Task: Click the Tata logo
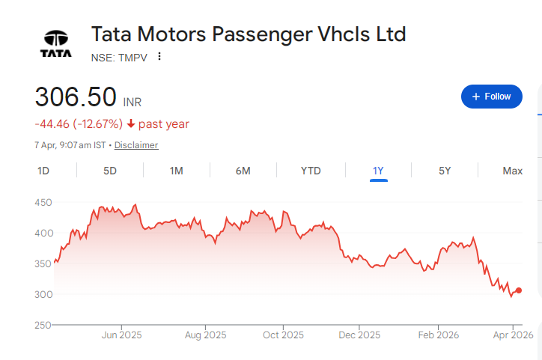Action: (x=56, y=44)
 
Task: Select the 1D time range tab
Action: (x=43, y=171)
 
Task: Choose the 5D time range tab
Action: (x=110, y=171)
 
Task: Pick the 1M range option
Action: (x=177, y=171)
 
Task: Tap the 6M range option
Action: (x=243, y=171)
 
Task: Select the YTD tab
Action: (x=311, y=171)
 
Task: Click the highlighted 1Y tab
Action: (x=378, y=171)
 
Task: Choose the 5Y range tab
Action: (x=445, y=171)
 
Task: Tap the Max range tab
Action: (x=513, y=171)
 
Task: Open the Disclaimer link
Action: (x=136, y=145)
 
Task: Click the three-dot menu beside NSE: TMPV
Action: (x=159, y=57)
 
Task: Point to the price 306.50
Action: (x=76, y=97)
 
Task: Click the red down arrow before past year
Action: (x=131, y=124)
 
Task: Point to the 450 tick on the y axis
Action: (x=43, y=202)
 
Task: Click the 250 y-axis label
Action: (x=43, y=325)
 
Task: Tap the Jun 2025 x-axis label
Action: (x=121, y=335)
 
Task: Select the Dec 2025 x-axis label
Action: (x=359, y=335)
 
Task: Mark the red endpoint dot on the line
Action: (x=519, y=290)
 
